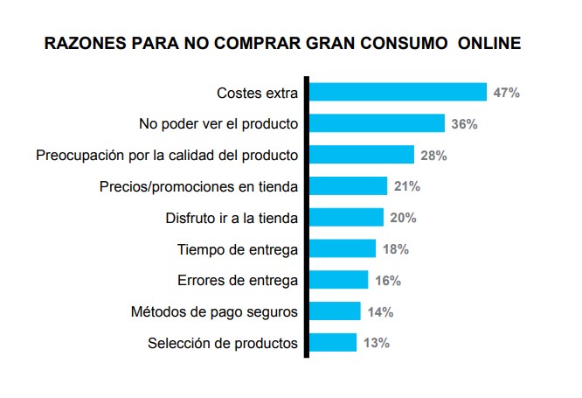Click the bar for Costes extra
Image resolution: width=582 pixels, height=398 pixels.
(x=398, y=92)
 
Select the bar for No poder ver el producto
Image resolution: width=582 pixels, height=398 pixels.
(x=378, y=123)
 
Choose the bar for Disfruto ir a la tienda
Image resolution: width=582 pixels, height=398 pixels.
(x=347, y=218)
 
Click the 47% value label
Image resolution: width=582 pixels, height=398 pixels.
(x=506, y=93)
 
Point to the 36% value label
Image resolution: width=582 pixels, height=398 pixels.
(x=464, y=124)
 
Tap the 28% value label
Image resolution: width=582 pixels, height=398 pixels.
(x=433, y=156)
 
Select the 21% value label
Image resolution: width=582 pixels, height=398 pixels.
(x=406, y=186)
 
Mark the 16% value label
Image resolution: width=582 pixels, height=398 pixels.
(x=387, y=281)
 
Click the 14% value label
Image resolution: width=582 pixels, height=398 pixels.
(x=380, y=312)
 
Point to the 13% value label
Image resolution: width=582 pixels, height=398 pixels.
(x=376, y=343)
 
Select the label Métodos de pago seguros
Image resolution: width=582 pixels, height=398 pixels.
(x=214, y=312)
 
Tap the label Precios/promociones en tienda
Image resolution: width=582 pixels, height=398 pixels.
(x=199, y=186)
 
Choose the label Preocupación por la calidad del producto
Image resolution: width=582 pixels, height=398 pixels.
(x=167, y=156)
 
